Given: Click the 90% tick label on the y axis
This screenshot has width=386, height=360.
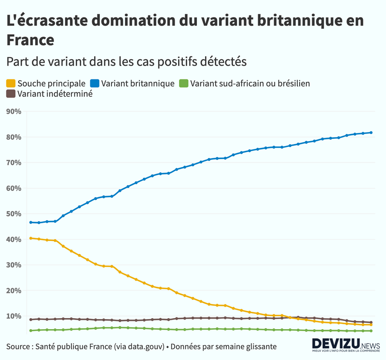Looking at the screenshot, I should click(14, 112).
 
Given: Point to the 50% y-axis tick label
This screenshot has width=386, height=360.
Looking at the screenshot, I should click(14, 214).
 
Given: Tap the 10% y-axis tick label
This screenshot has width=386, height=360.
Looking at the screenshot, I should click(14, 316).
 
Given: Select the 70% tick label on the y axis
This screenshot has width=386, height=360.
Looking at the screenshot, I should click(14, 163).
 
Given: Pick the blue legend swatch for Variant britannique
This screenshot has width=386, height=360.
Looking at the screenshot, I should click(95, 83).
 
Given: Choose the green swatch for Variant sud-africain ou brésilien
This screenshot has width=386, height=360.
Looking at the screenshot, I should click(184, 83).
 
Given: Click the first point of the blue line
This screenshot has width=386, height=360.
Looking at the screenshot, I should click(31, 222).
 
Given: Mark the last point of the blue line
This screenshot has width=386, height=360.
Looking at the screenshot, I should click(371, 133).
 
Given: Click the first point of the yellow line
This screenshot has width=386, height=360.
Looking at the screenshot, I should click(31, 238).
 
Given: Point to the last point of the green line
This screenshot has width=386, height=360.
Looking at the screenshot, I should click(371, 331).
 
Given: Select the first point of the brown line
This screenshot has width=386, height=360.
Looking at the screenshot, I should click(31, 320).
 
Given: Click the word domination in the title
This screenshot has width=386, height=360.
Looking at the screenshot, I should click(127, 21).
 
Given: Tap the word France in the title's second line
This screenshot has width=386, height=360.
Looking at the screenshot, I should click(29, 40).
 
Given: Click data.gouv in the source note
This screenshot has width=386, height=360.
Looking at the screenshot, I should click(143, 347).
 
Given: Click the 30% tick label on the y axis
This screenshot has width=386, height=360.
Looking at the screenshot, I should click(14, 265).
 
